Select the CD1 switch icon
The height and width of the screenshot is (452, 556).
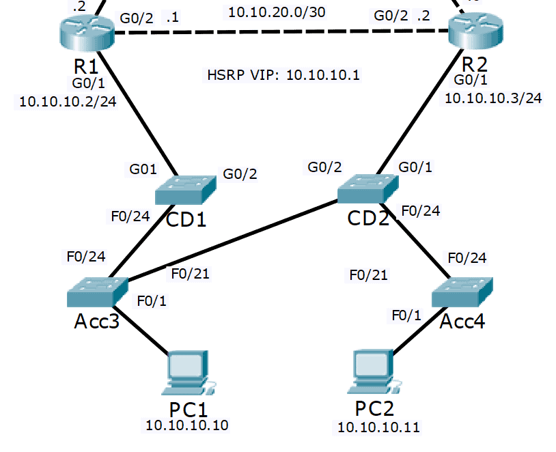point(185,189)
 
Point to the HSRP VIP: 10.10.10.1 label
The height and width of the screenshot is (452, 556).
point(283,74)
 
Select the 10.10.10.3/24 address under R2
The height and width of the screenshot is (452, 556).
point(493,98)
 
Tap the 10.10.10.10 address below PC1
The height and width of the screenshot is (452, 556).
point(186,425)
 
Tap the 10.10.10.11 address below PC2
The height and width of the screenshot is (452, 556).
point(378,428)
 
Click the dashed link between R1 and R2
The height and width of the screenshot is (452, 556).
point(280,32)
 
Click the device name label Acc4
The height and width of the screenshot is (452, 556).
point(462,321)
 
